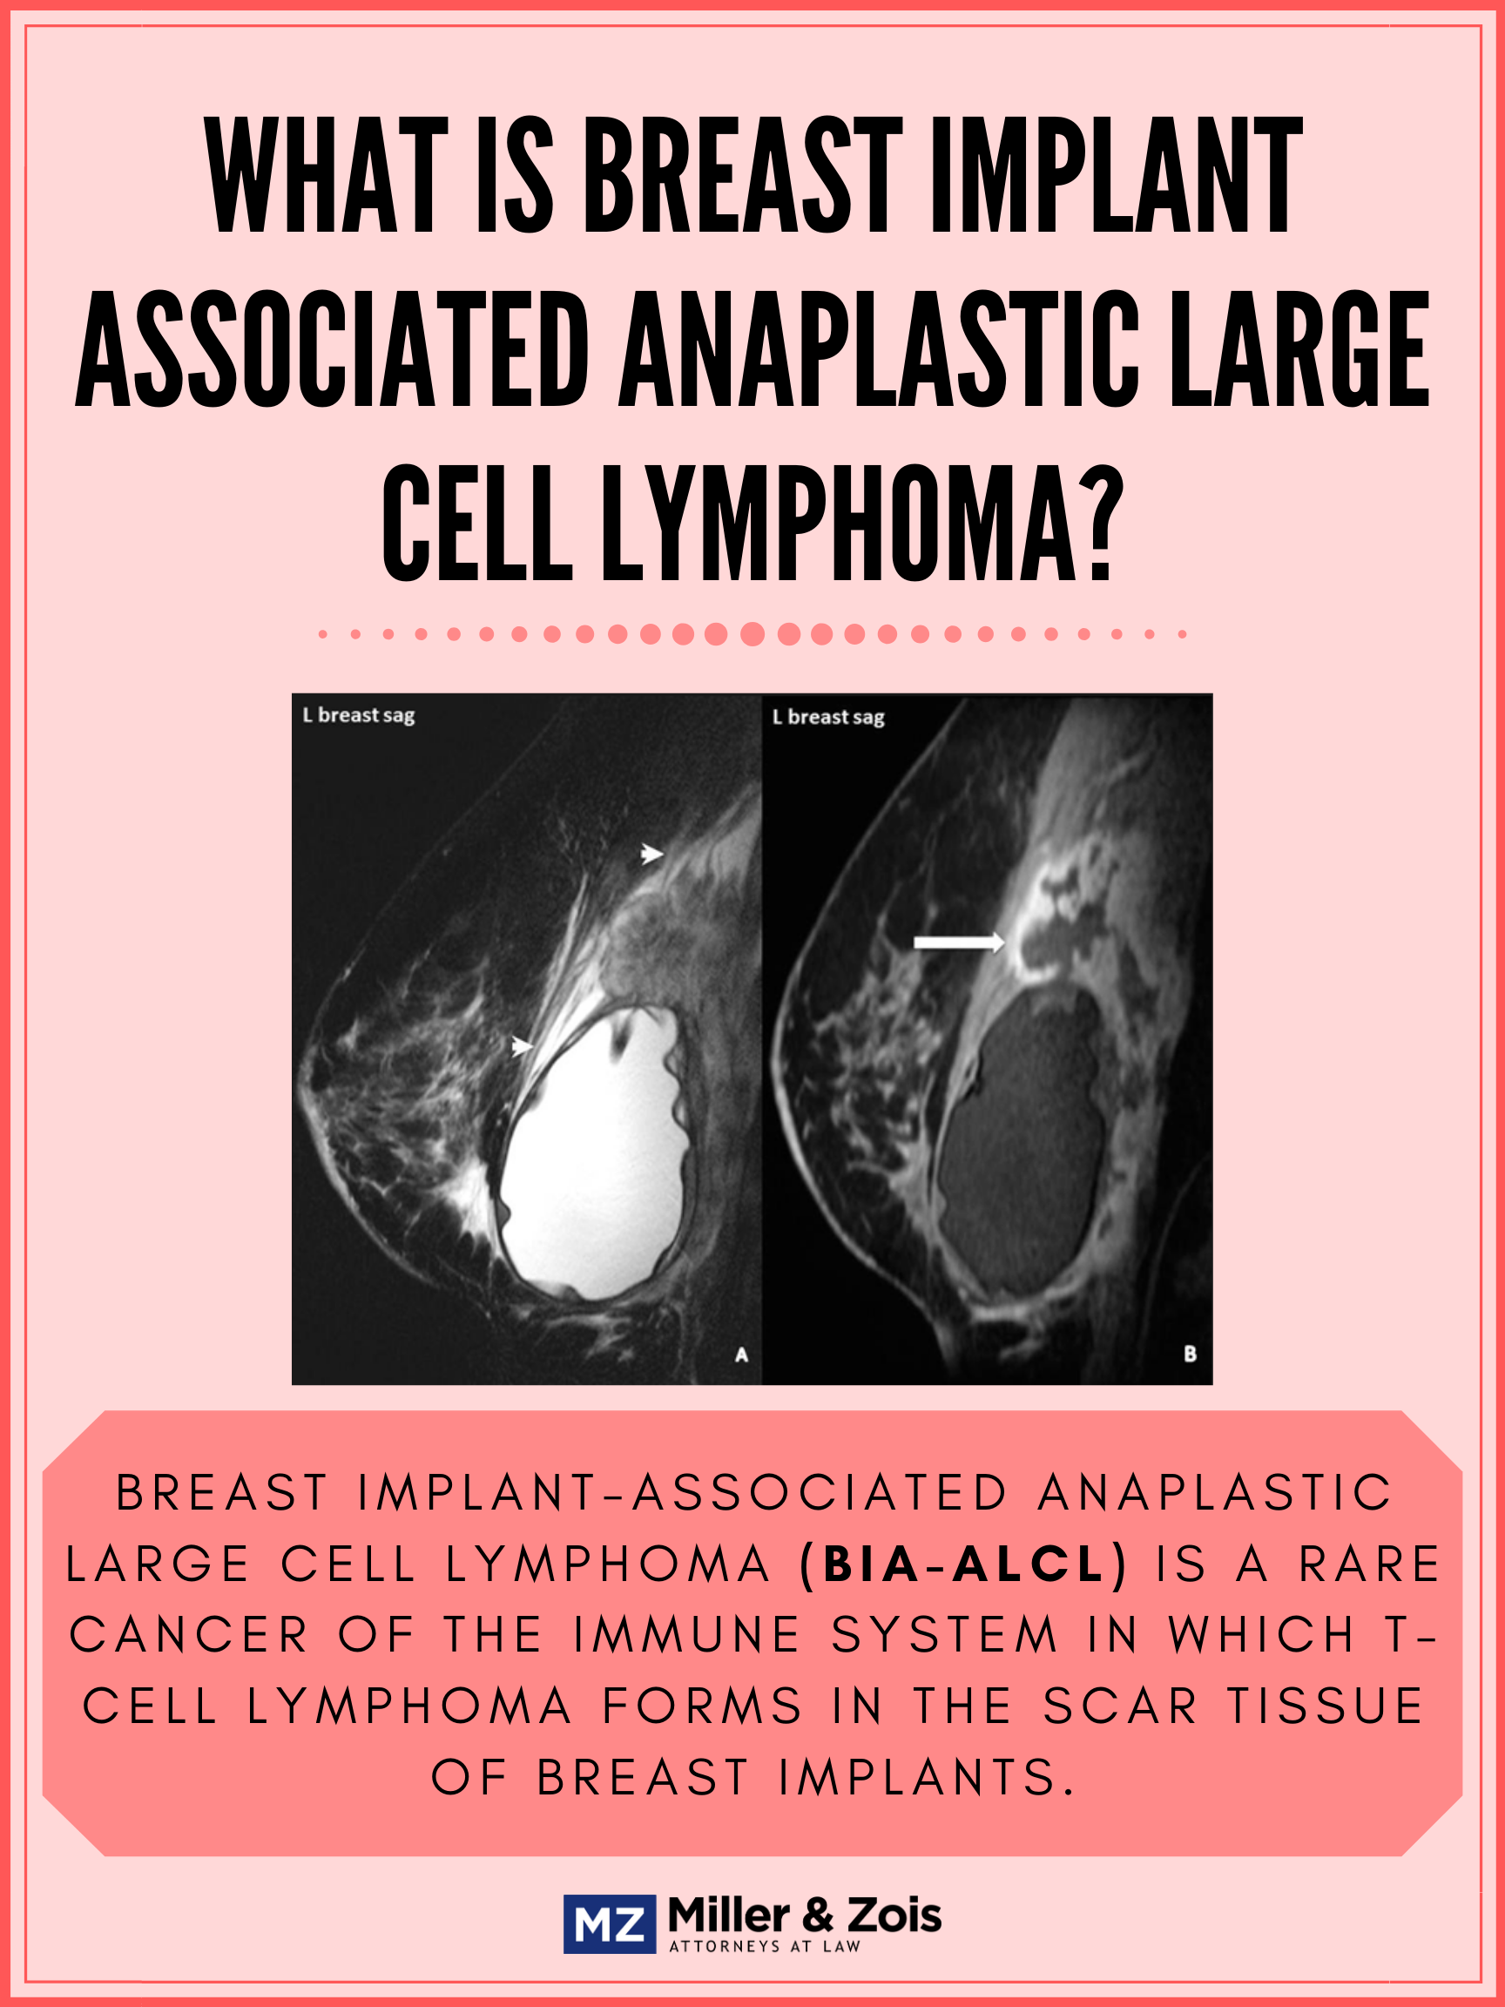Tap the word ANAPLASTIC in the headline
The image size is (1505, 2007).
(878, 349)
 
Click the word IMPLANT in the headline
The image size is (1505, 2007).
(1116, 175)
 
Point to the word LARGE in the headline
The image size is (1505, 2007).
(1300, 349)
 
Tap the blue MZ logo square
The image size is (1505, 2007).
(610, 1924)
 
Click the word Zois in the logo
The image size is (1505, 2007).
(894, 1916)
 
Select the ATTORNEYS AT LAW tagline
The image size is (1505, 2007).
(765, 1946)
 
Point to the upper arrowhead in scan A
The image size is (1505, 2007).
(652, 854)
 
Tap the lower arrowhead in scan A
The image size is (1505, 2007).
(522, 1046)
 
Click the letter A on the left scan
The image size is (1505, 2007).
(741, 1355)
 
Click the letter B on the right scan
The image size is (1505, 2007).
(1191, 1354)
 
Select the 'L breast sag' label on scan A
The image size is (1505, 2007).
(358, 716)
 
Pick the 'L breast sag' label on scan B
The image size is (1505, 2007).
(828, 718)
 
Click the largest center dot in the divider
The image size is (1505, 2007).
(752, 634)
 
